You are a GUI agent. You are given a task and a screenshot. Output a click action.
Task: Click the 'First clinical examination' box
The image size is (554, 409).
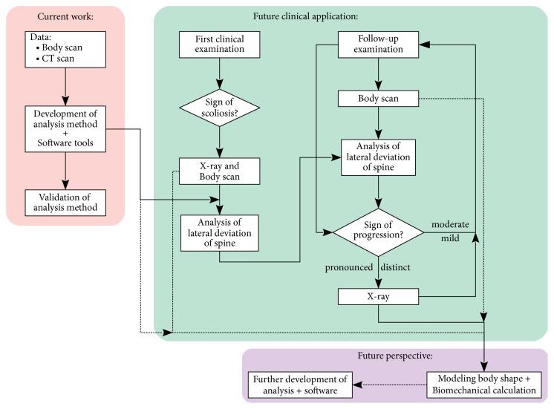pyautogui.click(x=219, y=45)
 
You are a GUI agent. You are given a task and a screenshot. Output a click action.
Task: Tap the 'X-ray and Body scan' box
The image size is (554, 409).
pyautogui.click(x=219, y=171)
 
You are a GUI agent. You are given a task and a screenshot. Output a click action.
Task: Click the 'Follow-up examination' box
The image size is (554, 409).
pyautogui.click(x=380, y=45)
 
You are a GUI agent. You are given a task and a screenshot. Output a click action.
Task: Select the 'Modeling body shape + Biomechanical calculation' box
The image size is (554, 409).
pyautogui.click(x=483, y=385)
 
